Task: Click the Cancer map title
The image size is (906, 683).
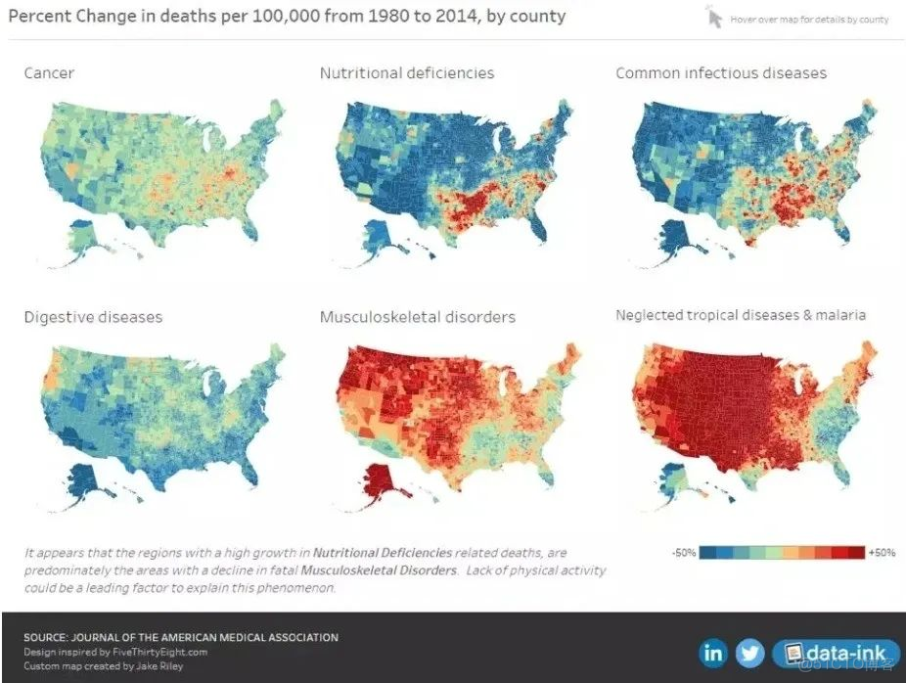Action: (49, 73)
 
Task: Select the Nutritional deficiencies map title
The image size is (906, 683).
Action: (406, 73)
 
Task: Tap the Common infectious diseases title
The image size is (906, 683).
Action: (721, 73)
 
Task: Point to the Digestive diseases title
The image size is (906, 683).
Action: (93, 317)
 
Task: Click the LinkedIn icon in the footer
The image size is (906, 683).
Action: (714, 652)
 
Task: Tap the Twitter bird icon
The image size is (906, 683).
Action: (749, 652)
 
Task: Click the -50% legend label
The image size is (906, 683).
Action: (684, 553)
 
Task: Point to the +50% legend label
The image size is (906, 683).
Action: (882, 553)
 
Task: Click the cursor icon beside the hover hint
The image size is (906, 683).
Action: (714, 18)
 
